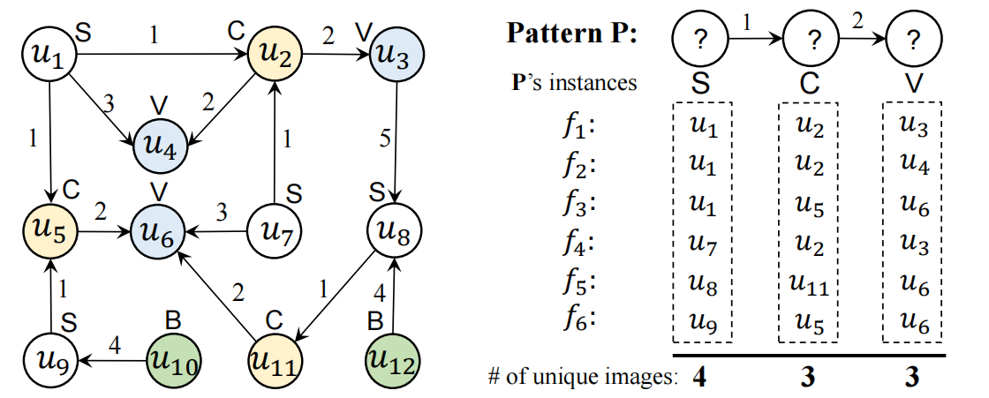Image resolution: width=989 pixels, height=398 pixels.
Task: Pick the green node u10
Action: click(x=172, y=360)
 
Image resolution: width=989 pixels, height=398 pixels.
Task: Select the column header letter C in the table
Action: click(x=810, y=83)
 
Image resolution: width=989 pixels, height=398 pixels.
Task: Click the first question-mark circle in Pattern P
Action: click(x=699, y=40)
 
